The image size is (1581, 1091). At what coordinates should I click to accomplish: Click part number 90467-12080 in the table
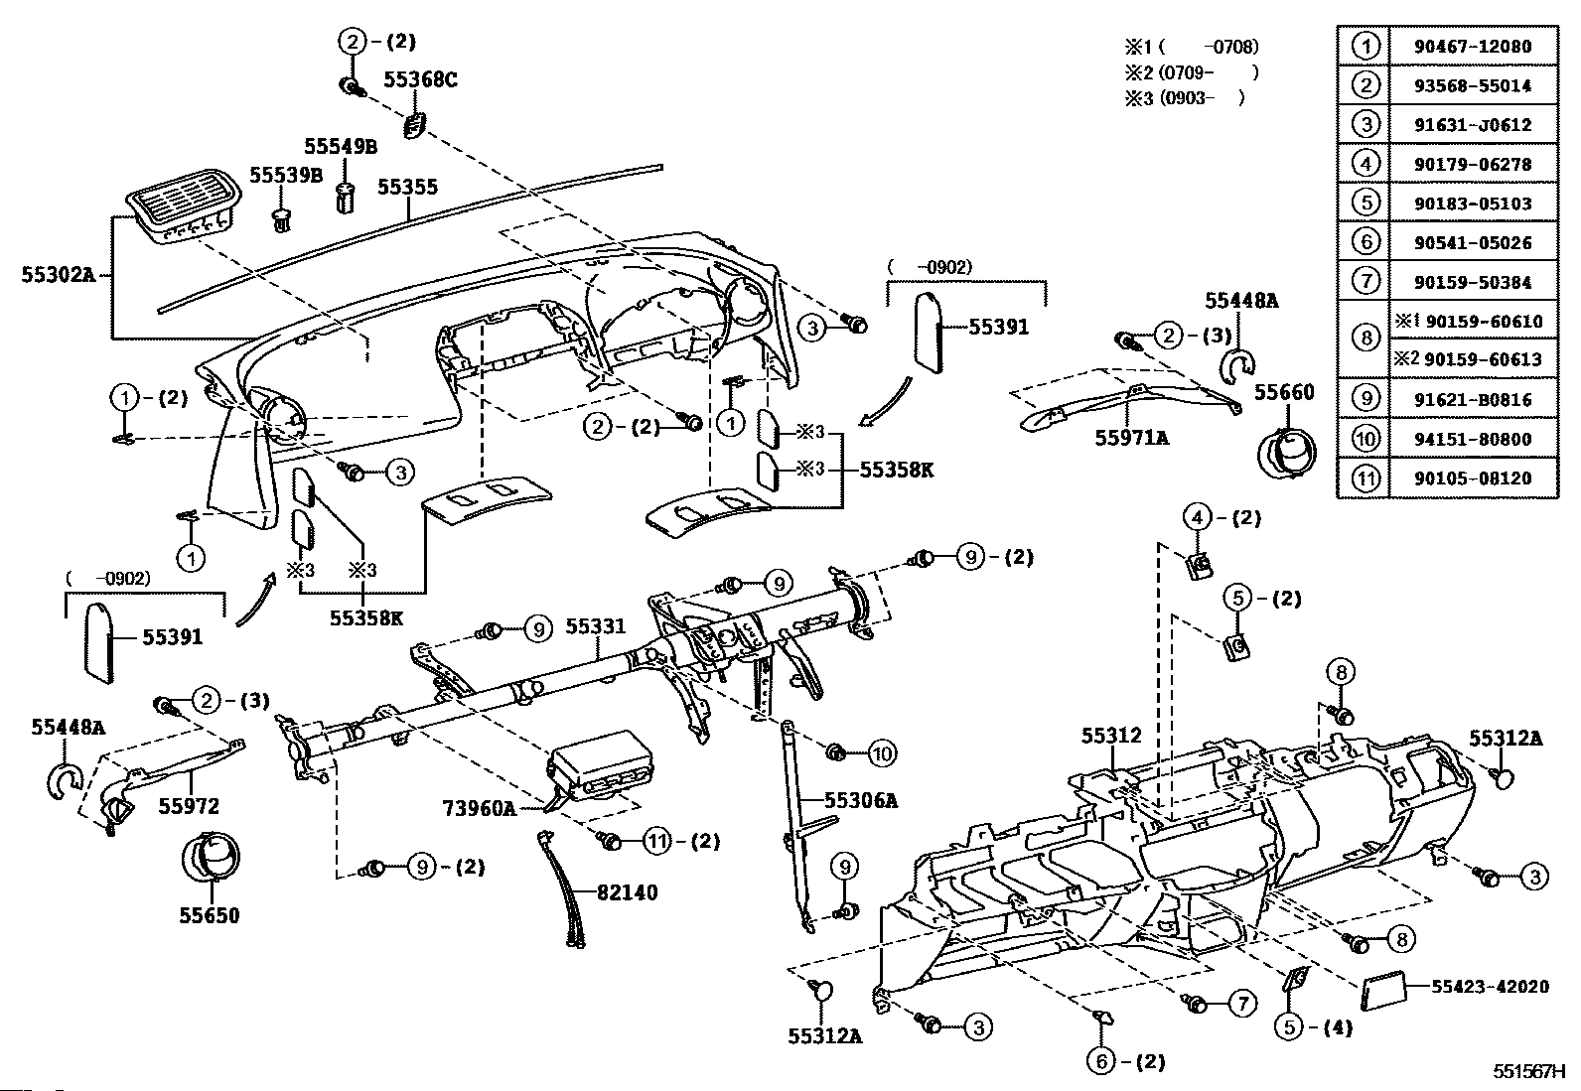[1473, 47]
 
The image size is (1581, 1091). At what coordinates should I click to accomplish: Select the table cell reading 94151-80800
[1473, 439]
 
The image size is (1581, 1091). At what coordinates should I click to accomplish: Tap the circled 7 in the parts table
[1365, 281]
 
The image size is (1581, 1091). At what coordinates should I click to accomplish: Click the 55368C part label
[420, 79]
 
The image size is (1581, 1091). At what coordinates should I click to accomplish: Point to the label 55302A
[58, 274]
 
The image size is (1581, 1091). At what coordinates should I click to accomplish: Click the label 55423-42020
[1490, 986]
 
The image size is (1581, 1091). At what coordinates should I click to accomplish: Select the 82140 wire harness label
[627, 892]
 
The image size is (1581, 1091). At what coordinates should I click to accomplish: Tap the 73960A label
[480, 807]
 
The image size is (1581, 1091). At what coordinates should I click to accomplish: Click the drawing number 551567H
[1528, 1071]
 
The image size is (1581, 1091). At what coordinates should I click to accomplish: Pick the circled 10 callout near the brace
[882, 753]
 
